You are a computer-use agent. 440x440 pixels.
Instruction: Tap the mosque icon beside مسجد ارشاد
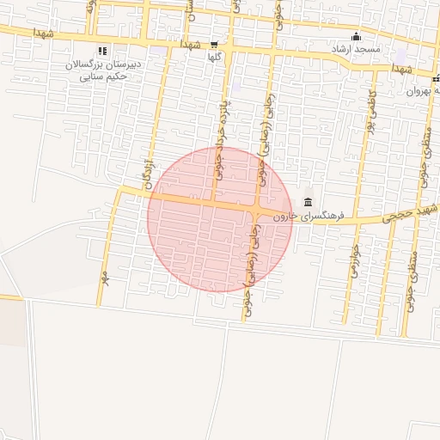pos(357,36)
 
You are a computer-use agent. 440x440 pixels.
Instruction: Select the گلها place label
pos(217,58)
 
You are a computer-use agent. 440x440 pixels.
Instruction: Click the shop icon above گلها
pos(214,45)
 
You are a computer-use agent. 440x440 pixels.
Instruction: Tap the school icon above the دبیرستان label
pos(103,51)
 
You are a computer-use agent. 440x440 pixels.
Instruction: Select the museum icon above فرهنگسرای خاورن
pos(308,202)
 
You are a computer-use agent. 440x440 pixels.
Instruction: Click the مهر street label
pos(106,277)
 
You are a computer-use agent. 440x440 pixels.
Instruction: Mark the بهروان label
pos(424,90)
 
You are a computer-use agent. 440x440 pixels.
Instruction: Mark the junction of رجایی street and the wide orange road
pos(257,210)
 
